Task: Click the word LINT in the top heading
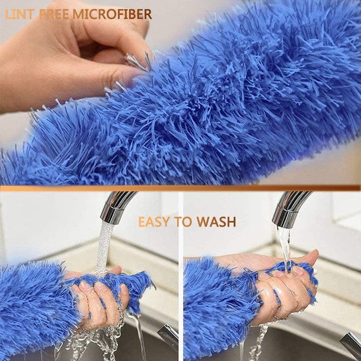click(x=19, y=14)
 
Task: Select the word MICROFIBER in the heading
click(x=112, y=14)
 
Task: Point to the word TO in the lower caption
click(x=183, y=222)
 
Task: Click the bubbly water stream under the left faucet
click(x=104, y=249)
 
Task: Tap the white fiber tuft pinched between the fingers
click(x=136, y=60)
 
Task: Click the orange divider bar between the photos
click(x=180, y=188)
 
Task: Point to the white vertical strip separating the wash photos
click(x=181, y=276)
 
